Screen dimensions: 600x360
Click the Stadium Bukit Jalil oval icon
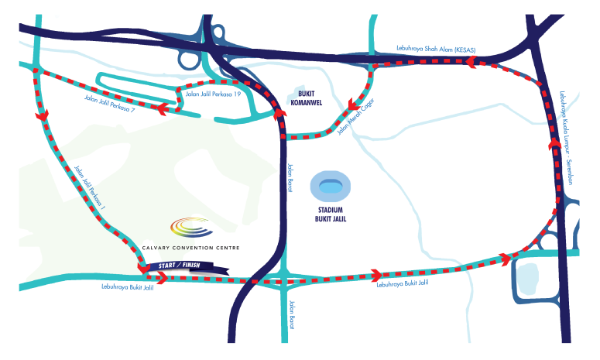[x=330, y=187]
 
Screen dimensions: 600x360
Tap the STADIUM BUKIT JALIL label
[x=331, y=214]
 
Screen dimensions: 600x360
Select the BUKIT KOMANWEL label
[x=306, y=98]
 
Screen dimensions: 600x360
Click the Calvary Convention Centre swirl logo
[x=191, y=227]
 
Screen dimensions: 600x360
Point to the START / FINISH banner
[x=187, y=267]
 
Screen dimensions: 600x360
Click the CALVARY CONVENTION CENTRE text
[x=190, y=248]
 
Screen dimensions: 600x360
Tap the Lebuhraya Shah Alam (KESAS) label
[x=436, y=49]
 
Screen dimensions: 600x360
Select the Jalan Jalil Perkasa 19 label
[x=213, y=94]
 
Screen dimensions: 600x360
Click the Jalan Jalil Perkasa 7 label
[x=109, y=104]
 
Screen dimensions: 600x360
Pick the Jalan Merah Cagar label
[x=355, y=117]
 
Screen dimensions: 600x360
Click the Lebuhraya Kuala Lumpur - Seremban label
[x=566, y=138]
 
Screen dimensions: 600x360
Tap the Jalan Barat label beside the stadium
[x=290, y=178]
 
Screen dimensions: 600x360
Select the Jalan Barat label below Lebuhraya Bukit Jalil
[x=292, y=315]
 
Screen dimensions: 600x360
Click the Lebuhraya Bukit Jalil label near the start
[x=128, y=287]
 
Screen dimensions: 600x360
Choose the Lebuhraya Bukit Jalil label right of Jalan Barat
[x=403, y=283]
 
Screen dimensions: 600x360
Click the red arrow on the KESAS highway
[x=471, y=62]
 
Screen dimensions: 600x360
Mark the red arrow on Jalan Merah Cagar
[x=353, y=104]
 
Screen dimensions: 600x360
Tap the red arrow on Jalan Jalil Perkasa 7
[x=163, y=108]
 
